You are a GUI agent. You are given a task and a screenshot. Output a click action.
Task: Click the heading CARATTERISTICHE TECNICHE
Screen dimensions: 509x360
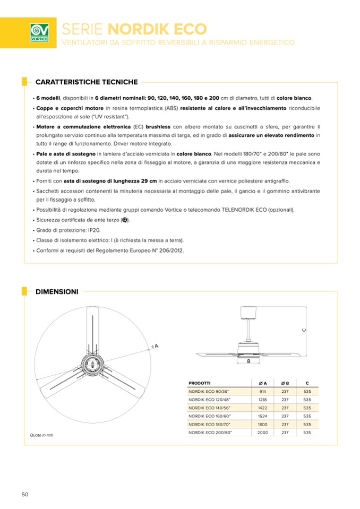[87, 82]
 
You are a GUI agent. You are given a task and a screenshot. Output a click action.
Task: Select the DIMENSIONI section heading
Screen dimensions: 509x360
[57, 291]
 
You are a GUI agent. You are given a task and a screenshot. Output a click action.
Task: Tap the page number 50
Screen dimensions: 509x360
[24, 494]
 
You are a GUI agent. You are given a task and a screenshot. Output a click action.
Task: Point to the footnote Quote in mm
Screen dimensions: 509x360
[41, 435]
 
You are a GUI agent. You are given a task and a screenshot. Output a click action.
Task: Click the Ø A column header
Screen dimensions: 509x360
[262, 382]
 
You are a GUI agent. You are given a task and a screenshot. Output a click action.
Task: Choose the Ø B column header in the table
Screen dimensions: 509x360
[285, 382]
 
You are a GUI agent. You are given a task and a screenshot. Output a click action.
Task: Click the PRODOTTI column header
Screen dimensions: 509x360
[200, 382]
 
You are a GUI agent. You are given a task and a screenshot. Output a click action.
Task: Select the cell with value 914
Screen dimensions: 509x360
[262, 391]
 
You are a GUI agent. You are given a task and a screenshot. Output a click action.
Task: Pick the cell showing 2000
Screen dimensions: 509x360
[262, 433]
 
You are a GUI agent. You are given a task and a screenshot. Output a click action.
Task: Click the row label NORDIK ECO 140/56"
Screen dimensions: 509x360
[210, 408]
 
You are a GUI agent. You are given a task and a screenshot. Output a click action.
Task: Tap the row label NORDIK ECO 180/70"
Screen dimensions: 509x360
[210, 424]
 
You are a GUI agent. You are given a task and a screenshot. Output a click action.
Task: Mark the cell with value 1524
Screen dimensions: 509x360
[262, 416]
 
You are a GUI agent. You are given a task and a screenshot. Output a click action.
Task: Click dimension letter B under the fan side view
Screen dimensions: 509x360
[248, 361]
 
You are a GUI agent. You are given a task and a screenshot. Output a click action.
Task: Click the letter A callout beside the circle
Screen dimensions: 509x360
[157, 346]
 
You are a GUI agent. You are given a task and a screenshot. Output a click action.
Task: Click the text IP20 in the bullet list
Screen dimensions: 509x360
[93, 230]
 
